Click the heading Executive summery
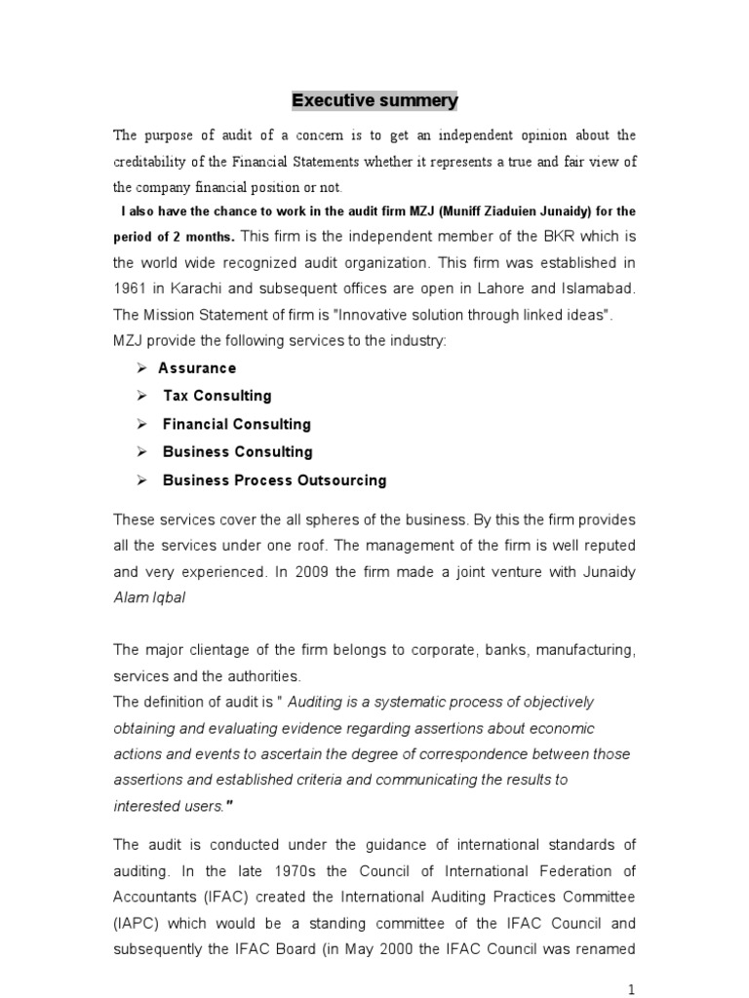coord(375,100)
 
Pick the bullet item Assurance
coord(197,368)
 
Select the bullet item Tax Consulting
coord(217,396)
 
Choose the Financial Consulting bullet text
coord(237,424)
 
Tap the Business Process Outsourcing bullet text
coord(274,480)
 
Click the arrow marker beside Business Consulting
coord(141,452)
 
